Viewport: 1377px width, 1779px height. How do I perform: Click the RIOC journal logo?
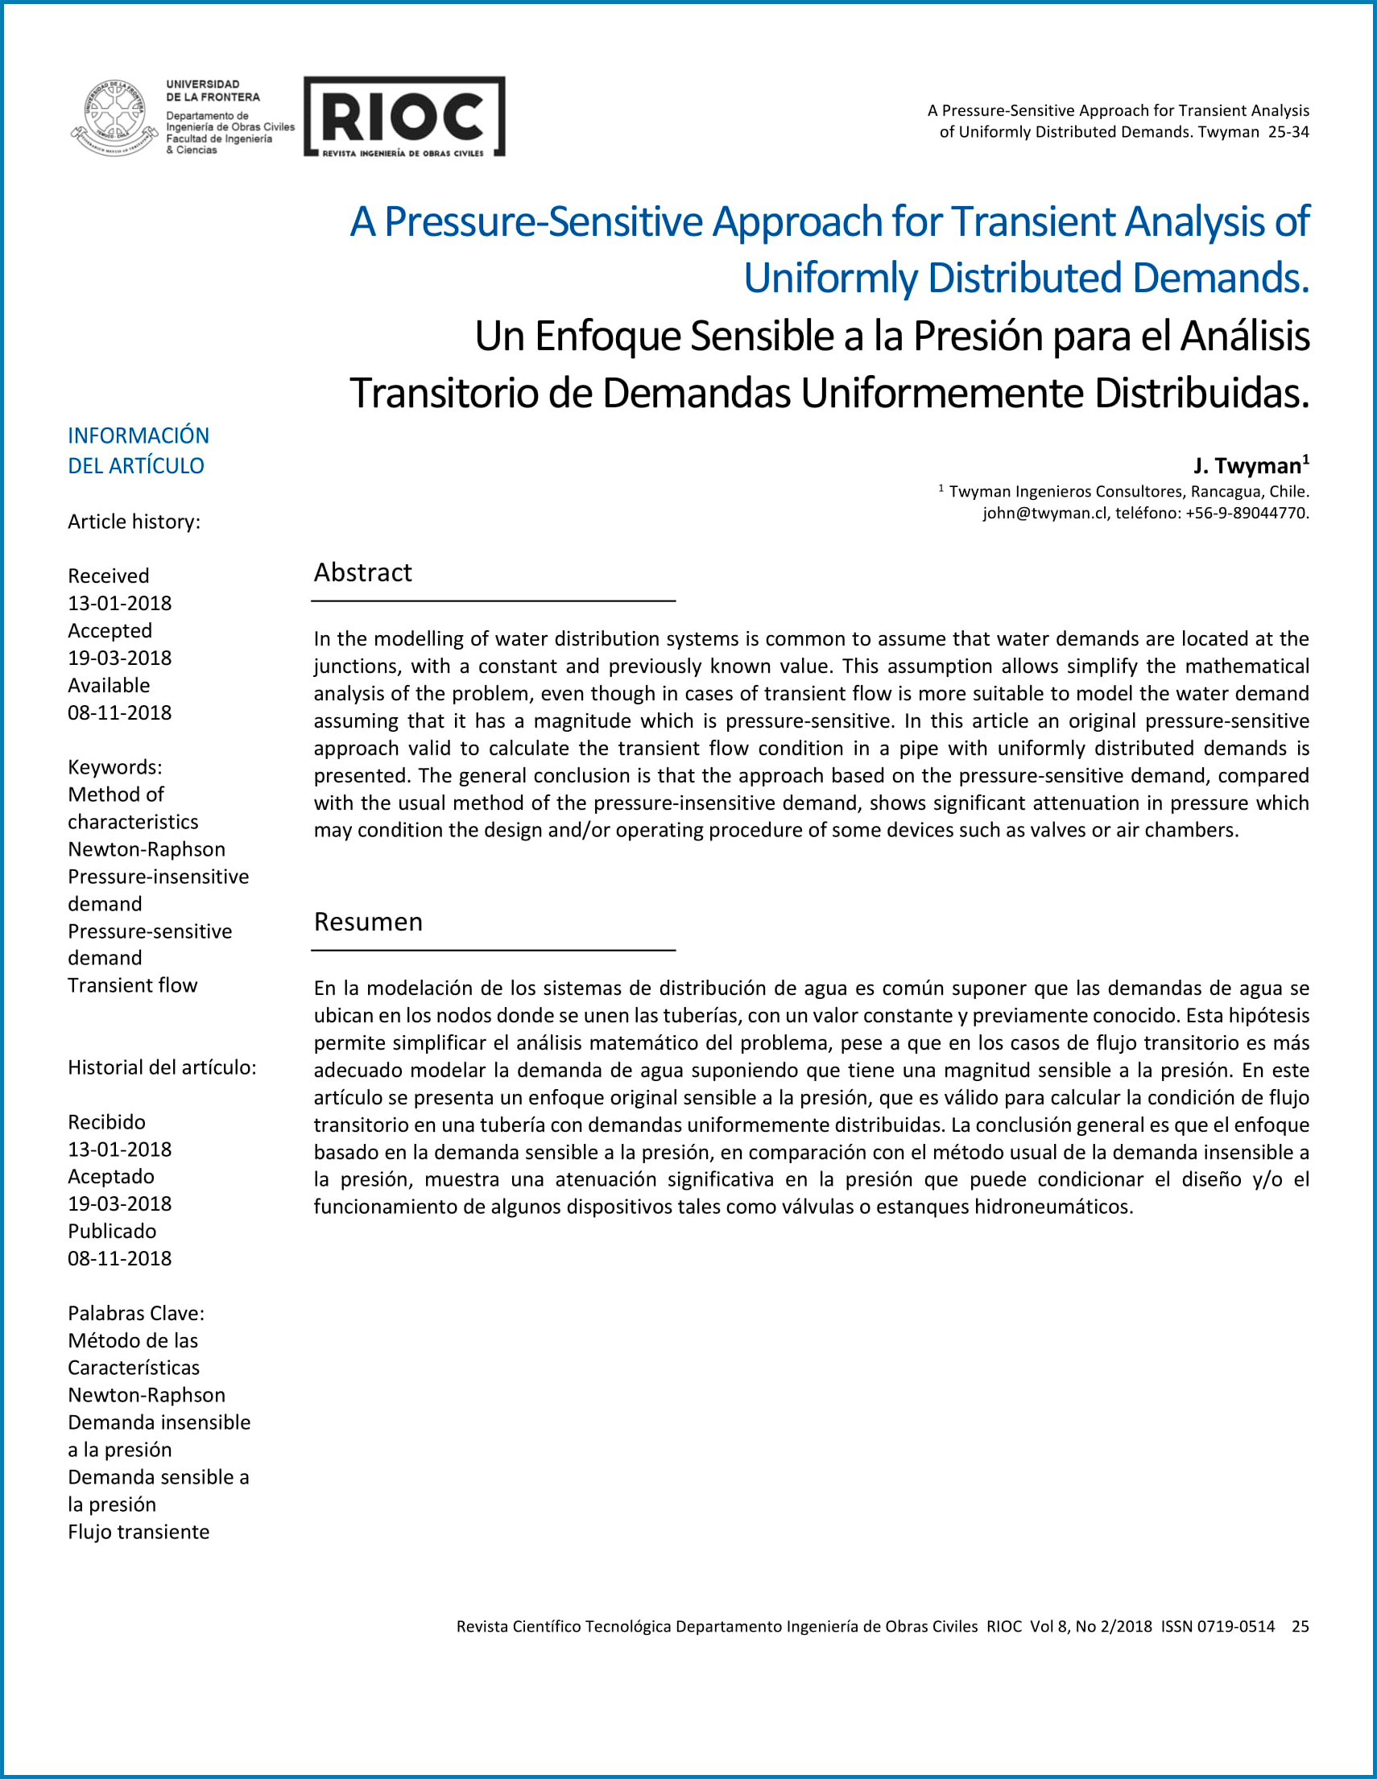404,117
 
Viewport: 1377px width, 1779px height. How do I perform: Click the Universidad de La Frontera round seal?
115,118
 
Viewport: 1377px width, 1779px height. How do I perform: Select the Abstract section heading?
362,572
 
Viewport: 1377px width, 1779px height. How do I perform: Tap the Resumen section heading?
368,922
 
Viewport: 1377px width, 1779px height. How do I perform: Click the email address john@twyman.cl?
1044,514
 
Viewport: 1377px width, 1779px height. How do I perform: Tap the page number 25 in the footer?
1300,1627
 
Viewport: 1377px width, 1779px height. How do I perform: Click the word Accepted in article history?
110,630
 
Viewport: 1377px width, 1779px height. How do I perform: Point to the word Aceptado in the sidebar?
111,1176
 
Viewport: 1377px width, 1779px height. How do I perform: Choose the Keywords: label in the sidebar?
115,767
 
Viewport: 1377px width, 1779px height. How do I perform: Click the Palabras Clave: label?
136,1313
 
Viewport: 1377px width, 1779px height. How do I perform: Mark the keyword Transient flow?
133,985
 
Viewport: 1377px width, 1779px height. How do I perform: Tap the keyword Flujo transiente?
139,1531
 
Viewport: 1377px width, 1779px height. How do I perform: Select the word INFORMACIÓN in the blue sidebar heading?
139,435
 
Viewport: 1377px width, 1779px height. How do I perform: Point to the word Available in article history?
110,685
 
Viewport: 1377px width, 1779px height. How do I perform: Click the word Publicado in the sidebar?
112,1231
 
